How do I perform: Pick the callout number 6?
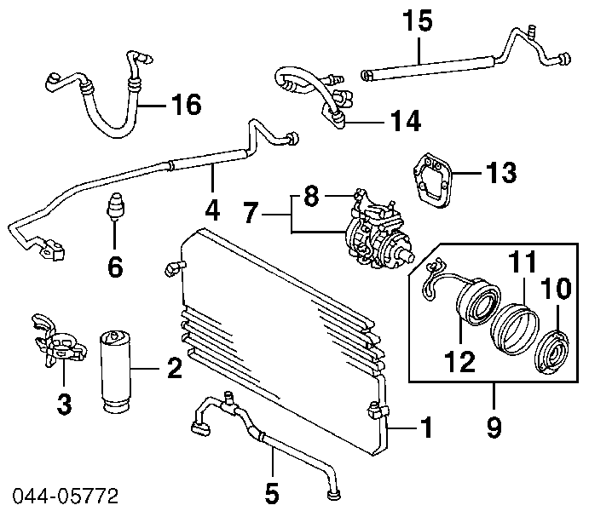click(x=115, y=267)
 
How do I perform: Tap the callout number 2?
click(x=174, y=370)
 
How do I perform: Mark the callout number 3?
click(x=64, y=404)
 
